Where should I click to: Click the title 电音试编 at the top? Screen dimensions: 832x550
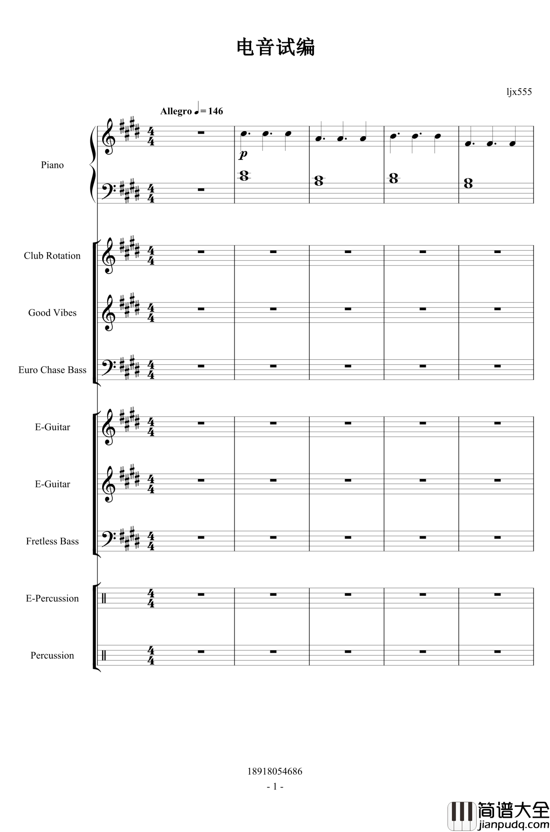tap(275, 48)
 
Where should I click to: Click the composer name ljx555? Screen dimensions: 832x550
tap(519, 92)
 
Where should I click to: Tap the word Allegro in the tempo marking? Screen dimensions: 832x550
tap(176, 111)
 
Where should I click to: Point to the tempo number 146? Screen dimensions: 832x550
tap(215, 111)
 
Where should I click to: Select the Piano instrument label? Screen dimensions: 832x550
tap(52, 165)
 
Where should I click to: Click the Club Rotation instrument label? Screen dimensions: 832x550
tap(52, 256)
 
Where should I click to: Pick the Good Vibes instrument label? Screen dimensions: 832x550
tap(52, 313)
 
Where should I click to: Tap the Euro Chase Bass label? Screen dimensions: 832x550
tap(52, 370)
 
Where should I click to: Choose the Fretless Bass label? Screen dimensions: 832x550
tap(52, 541)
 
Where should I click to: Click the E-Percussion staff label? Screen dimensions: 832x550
tap(52, 598)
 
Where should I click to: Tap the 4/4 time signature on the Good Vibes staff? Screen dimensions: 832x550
tap(151, 313)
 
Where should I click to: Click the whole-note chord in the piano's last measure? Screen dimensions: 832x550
tap(468, 183)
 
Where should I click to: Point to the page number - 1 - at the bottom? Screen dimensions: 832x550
tap(275, 787)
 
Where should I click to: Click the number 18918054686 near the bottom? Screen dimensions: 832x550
tap(275, 771)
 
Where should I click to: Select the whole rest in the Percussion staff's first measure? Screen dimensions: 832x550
tap(201, 651)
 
